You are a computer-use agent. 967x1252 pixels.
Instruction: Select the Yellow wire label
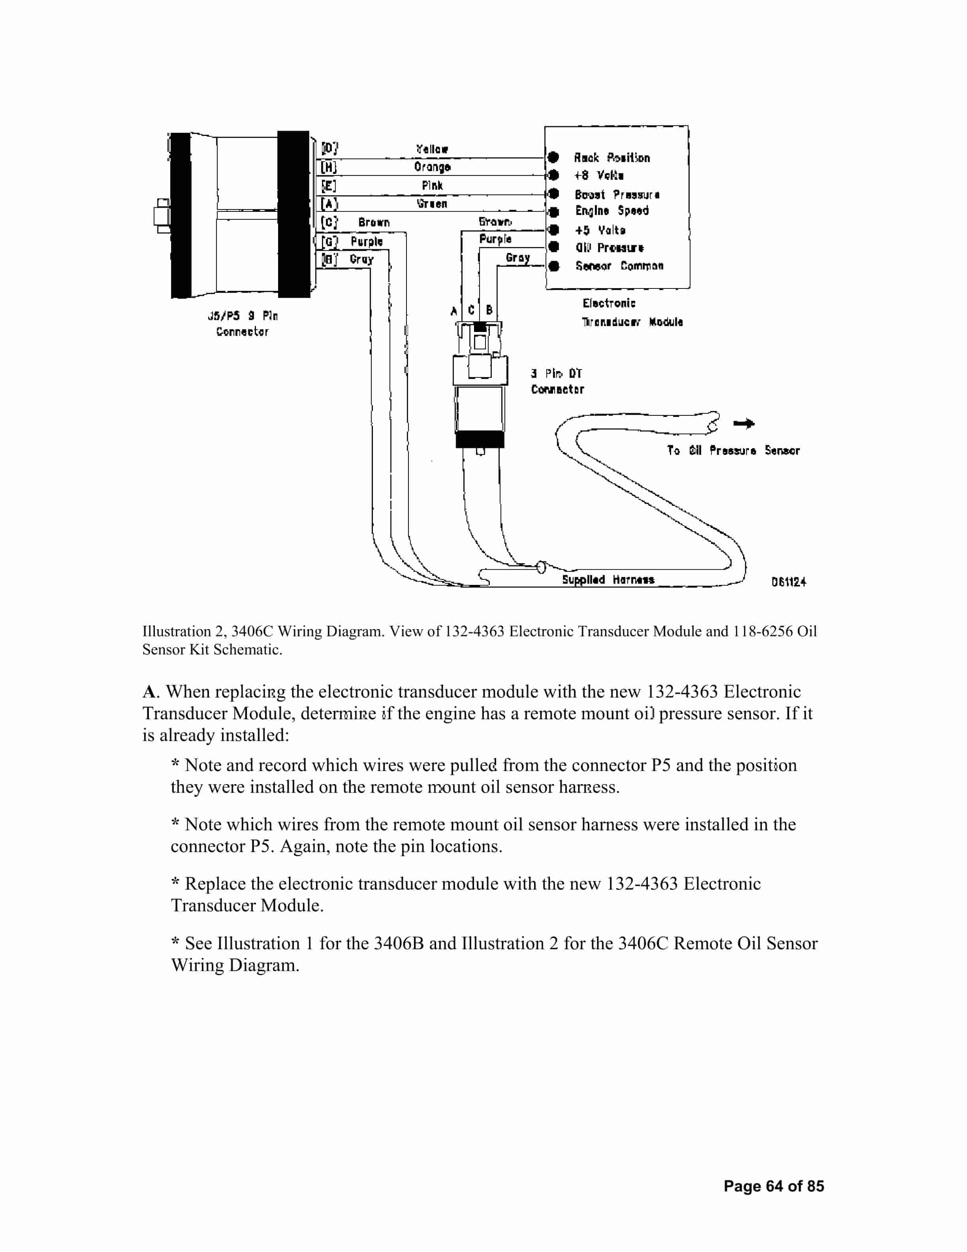(x=432, y=149)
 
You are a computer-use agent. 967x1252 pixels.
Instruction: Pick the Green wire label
(x=432, y=204)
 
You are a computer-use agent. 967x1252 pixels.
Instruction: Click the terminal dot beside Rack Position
(x=553, y=157)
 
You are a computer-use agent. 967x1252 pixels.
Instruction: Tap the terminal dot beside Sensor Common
(x=554, y=266)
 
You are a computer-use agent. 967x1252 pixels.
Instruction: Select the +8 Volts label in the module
(x=598, y=175)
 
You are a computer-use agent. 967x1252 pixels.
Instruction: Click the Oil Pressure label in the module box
(x=610, y=248)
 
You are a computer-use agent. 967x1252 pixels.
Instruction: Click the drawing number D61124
(x=788, y=582)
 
